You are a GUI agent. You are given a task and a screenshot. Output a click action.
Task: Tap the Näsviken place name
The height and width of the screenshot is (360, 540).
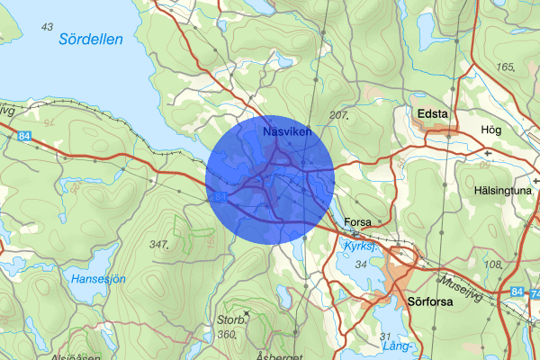coord(287,132)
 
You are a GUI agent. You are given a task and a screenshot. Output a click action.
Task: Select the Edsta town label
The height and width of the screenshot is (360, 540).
coord(433,114)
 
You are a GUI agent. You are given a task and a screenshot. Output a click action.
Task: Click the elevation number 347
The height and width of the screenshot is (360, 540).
coord(160,245)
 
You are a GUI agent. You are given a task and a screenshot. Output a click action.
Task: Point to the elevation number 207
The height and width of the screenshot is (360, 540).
coord(338,116)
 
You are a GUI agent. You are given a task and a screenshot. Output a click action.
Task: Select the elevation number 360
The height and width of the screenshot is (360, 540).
coord(226,335)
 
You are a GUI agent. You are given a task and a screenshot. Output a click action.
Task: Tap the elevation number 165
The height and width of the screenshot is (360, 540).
coord(503,67)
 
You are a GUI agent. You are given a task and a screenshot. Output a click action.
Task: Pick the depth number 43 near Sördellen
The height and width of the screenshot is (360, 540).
coord(47,26)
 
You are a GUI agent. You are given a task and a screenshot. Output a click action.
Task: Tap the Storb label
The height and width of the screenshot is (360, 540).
coord(229,319)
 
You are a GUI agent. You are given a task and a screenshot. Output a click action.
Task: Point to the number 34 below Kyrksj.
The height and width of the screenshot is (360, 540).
coord(362,265)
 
